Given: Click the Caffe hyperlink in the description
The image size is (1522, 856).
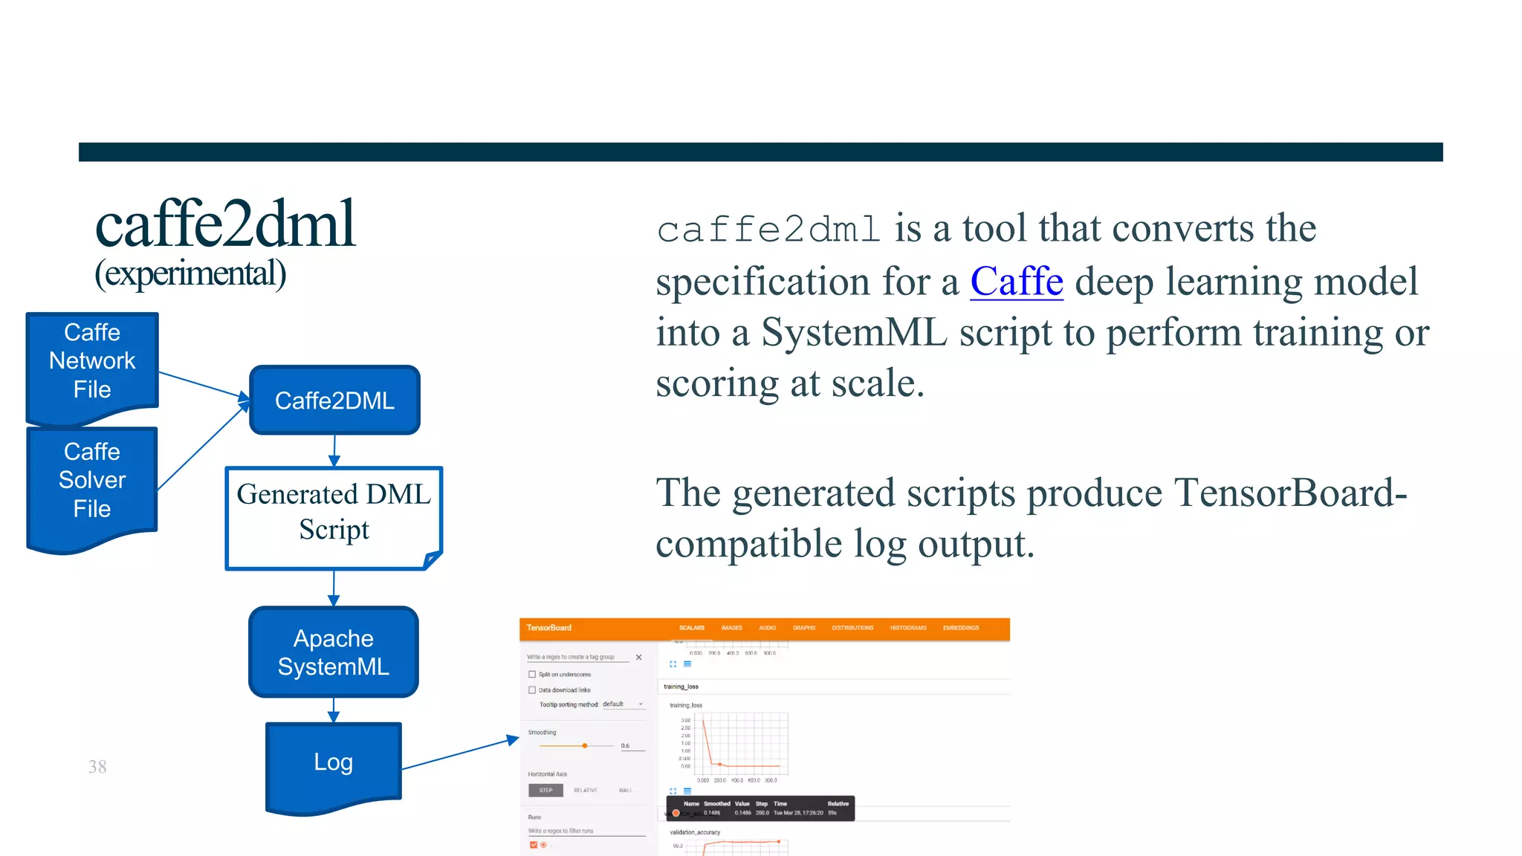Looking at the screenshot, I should pos(1016,282).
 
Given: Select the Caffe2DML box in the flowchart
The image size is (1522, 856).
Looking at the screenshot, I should pos(334,401).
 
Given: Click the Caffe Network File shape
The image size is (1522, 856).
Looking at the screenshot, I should pos(92,361).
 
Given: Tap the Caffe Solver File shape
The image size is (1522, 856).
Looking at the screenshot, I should pos(92,480).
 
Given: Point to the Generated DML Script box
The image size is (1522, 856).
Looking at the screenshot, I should pos(334,513).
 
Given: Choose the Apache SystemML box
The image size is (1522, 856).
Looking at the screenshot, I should pos(334,652).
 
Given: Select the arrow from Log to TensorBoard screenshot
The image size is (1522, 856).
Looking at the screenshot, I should pos(459,753).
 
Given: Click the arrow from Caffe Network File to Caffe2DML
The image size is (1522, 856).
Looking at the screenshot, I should pos(202,384).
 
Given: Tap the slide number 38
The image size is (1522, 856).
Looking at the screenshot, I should pos(97,767).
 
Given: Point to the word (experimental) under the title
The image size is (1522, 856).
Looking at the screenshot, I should pos(190,273).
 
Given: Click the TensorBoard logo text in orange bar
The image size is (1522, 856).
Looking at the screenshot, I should pos(549,628).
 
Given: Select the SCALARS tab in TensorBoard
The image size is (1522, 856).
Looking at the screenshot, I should pos(691,628).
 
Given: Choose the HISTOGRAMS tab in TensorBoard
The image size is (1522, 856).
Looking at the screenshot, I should pos(908,628).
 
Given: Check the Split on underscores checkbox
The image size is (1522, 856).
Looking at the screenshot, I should pos(532,675).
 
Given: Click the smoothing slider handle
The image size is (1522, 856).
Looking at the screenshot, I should pos(585,745).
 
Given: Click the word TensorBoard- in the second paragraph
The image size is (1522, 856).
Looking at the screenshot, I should pos(1290,493).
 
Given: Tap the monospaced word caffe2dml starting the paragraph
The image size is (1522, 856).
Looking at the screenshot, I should pos(768,230).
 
